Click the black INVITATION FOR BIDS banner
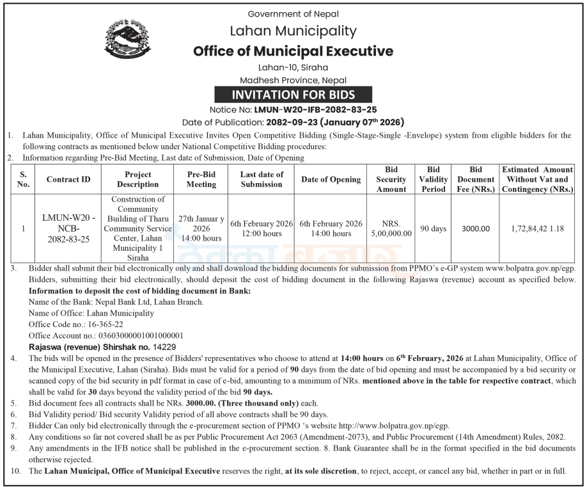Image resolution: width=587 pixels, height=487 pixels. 293,95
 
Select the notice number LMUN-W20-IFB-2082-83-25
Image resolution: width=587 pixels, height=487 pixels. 316,109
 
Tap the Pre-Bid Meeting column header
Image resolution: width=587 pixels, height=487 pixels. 201,179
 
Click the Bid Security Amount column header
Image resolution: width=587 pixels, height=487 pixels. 391,179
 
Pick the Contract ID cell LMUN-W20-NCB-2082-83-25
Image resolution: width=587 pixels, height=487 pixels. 68,228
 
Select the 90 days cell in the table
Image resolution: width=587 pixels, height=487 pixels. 433,228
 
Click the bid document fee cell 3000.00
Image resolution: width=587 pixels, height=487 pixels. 476,228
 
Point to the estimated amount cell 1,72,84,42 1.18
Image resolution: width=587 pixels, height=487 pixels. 537,228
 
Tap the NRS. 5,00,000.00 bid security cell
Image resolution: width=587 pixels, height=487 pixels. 391,228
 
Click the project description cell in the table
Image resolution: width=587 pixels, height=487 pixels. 138,228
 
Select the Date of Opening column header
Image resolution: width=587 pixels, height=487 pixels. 331,179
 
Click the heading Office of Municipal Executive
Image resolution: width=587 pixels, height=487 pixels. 293,51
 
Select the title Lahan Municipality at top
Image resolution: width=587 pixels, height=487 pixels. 293,31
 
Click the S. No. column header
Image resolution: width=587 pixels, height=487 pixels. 24,179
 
